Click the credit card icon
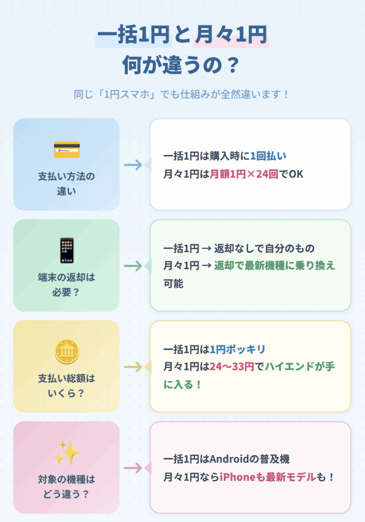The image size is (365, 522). (67, 149)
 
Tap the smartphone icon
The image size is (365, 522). (67, 250)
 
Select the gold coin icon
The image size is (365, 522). (67, 351)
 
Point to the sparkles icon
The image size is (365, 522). (67, 452)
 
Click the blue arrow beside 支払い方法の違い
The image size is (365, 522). (133, 165)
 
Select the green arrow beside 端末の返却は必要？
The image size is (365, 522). (133, 266)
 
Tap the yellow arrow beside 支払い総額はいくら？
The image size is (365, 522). (133, 367)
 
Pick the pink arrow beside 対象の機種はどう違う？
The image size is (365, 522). (133, 467)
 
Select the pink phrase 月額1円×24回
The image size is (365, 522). (244, 174)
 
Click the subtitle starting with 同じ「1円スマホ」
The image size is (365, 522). (182, 94)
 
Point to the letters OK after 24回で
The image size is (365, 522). (296, 174)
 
